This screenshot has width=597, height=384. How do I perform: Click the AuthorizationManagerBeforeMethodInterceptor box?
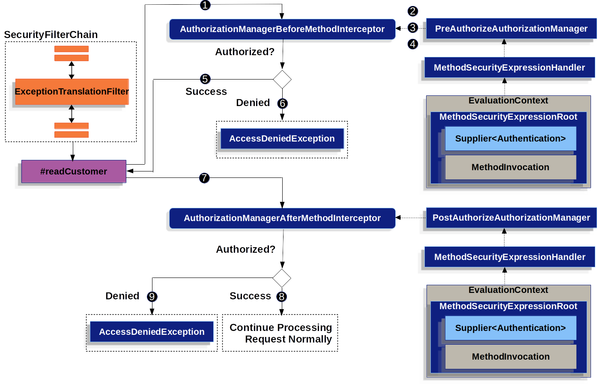pyautogui.click(x=282, y=29)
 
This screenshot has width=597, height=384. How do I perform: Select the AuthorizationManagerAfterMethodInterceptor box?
pyautogui.click(x=282, y=218)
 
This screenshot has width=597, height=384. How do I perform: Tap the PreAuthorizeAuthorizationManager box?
pyautogui.click(x=511, y=29)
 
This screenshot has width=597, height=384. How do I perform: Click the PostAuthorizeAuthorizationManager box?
pyautogui.click(x=511, y=218)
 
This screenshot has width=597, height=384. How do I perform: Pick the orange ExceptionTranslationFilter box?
pyautogui.click(x=72, y=92)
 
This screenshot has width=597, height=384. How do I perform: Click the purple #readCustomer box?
pyautogui.click(x=74, y=171)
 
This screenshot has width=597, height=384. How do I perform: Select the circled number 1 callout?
pyautogui.click(x=205, y=5)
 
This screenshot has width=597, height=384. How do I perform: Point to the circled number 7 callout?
pyautogui.click(x=204, y=178)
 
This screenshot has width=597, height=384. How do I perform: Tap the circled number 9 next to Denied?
pyautogui.click(x=152, y=297)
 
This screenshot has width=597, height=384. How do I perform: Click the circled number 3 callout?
pyautogui.click(x=412, y=28)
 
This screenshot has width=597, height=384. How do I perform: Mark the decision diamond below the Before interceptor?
pyautogui.click(x=282, y=80)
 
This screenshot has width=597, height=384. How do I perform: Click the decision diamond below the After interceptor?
pyautogui.click(x=282, y=278)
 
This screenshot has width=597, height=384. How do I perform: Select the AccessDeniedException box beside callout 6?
pyautogui.click(x=282, y=139)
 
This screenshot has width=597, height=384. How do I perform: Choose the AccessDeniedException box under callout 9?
pyautogui.click(x=152, y=332)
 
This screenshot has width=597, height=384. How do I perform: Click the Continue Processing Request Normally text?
pyautogui.click(x=281, y=333)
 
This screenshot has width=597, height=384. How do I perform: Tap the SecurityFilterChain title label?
pyautogui.click(x=51, y=35)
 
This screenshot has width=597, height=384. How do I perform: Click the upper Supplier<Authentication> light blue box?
pyautogui.click(x=510, y=139)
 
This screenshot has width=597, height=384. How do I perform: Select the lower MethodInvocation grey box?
pyautogui.click(x=510, y=357)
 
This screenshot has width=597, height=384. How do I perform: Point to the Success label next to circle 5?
pyautogui.click(x=206, y=92)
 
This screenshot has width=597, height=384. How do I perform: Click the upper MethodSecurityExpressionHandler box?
pyautogui.click(x=509, y=68)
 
